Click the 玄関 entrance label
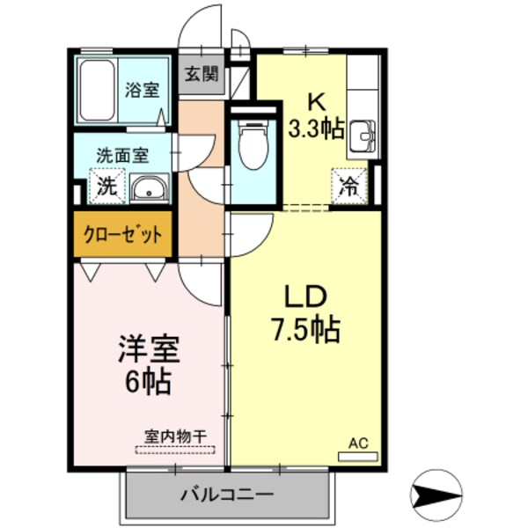[202, 75]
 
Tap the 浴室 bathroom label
[141, 90]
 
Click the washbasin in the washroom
[151, 187]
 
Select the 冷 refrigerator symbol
[349, 186]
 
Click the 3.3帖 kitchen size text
[316, 128]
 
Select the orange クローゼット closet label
[122, 234]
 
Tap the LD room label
[304, 295]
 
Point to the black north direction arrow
[436, 495]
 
